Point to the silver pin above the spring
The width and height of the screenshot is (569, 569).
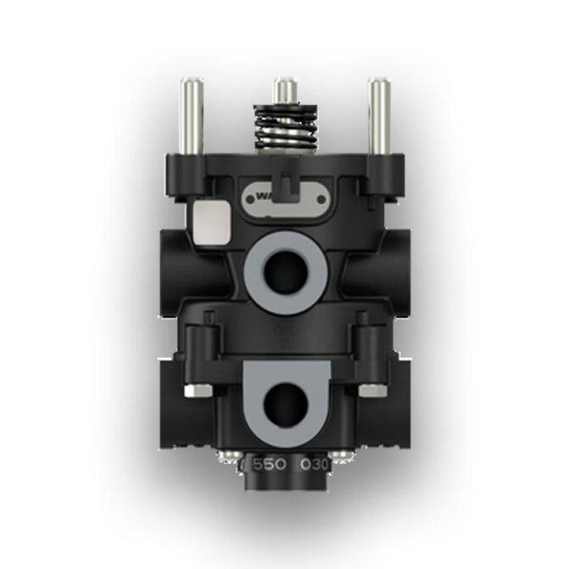(x=286, y=90)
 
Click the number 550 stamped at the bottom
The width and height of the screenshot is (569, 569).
(x=270, y=465)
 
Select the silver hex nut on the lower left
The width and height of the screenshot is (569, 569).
(x=200, y=390)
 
